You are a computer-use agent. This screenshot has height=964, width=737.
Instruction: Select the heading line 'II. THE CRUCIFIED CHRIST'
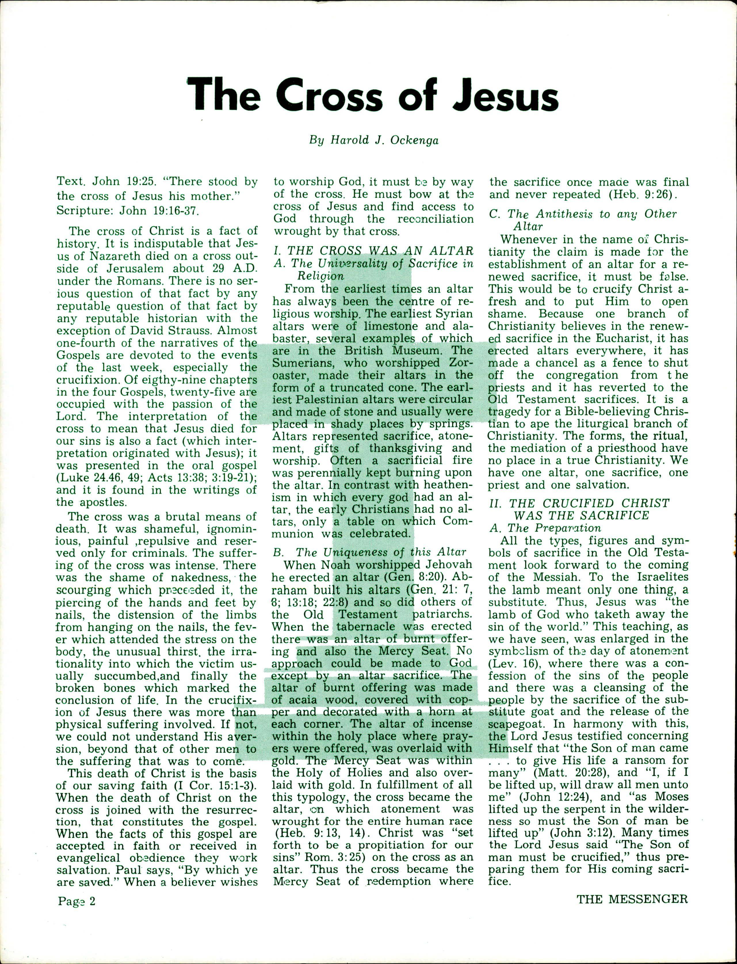pos(579,503)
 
